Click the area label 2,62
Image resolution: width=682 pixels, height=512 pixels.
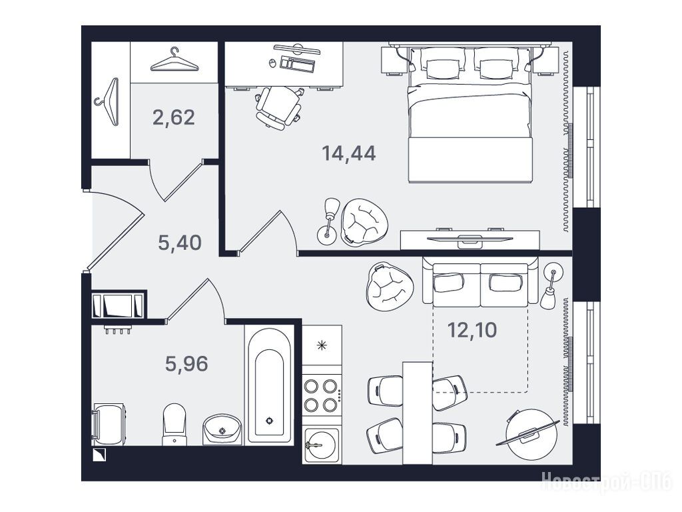click(x=174, y=117)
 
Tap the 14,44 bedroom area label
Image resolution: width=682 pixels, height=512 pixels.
click(x=349, y=153)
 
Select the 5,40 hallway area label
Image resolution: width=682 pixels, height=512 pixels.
click(x=180, y=243)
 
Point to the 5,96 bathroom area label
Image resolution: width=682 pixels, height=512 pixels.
click(x=186, y=363)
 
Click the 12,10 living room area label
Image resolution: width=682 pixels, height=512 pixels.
click(x=472, y=330)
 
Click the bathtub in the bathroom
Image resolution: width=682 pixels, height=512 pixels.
click(x=269, y=385)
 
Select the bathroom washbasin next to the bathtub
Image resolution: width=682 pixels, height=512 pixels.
click(x=222, y=430)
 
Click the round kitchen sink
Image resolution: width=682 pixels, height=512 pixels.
click(x=321, y=445)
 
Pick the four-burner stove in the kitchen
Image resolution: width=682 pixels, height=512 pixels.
click(x=322, y=395)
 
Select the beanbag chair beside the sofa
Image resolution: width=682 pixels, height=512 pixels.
click(x=389, y=286)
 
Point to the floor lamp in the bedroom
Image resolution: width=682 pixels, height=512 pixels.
click(x=329, y=221)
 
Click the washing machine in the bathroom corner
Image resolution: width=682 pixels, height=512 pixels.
click(x=109, y=425)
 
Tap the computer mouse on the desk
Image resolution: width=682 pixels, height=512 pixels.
click(x=272, y=63)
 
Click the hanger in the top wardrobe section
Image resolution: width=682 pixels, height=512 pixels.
click(x=174, y=59)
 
